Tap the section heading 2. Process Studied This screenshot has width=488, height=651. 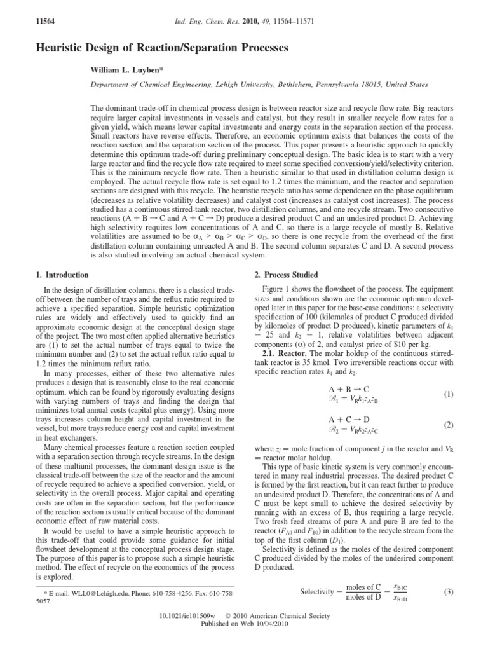(286, 275)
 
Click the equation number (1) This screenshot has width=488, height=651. (449, 394)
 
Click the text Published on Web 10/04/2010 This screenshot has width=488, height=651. (244, 642)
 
